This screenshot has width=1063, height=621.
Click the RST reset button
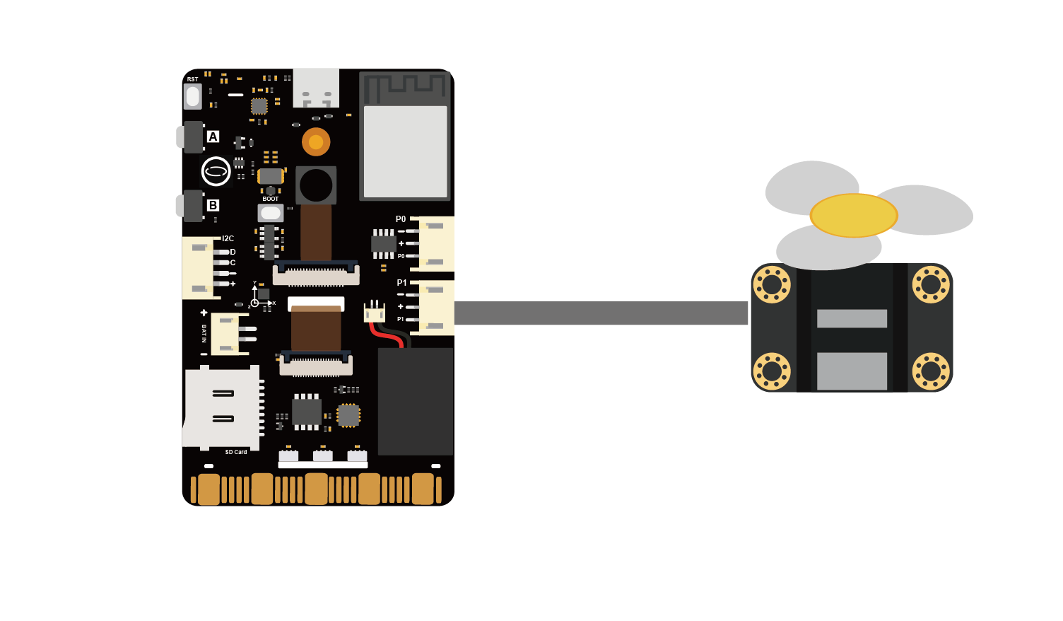pyautogui.click(x=193, y=96)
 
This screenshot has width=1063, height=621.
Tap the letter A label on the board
pyautogui.click(x=213, y=137)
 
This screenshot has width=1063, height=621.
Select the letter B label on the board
pyautogui.click(x=213, y=205)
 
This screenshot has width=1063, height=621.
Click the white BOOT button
pyautogui.click(x=271, y=213)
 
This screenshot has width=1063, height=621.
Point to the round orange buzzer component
pyautogui.click(x=316, y=141)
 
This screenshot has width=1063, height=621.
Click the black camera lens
pyautogui.click(x=316, y=185)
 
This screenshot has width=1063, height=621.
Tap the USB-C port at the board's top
pyautogui.click(x=316, y=88)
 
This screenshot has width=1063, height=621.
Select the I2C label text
pyautogui.click(x=228, y=238)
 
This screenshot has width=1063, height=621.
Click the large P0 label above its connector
pyautogui.click(x=401, y=219)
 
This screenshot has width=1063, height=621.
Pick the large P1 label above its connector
pyautogui.click(x=402, y=282)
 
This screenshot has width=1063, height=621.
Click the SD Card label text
pyautogui.click(x=236, y=452)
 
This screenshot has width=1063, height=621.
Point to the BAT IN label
pyautogui.click(x=204, y=334)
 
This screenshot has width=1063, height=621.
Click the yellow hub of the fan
pyautogui.click(x=854, y=216)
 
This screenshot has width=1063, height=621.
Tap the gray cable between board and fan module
pyautogui.click(x=601, y=313)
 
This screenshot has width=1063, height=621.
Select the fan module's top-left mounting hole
pyautogui.click(x=772, y=284)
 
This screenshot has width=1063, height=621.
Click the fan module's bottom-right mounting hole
pyautogui.click(x=931, y=371)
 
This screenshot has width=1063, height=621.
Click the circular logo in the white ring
pyautogui.click(x=216, y=171)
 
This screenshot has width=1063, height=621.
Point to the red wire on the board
pyautogui.click(x=385, y=336)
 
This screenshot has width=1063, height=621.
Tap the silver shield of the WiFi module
pyautogui.click(x=405, y=151)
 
